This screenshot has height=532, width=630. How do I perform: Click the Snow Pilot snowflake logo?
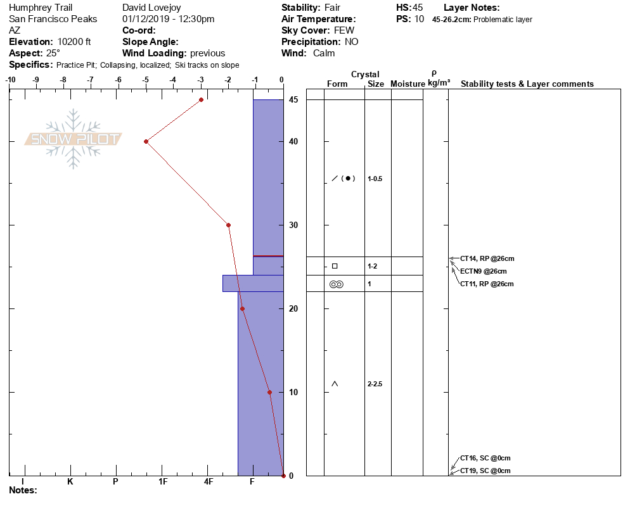coord(73,139)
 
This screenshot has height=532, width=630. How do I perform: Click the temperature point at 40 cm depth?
coord(146,141)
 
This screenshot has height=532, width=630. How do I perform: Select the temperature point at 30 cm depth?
coord(229,225)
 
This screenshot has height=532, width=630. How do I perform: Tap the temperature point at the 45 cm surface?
coord(202,99)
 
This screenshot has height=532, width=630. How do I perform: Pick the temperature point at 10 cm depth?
coord(269,392)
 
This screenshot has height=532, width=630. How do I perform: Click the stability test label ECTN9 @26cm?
coord(484,272)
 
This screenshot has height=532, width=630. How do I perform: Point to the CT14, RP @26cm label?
coord(487,258)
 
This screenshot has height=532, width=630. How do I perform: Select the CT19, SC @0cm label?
coord(485,471)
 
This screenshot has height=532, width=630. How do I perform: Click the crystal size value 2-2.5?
coord(375,384)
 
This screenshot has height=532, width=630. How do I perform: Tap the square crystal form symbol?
coord(335,266)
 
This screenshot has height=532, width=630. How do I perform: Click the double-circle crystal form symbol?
coord(337,284)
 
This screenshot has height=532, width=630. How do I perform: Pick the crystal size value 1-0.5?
coord(375,179)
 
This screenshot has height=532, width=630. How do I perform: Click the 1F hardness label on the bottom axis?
coord(163,481)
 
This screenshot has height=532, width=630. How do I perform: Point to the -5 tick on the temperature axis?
coord(145,80)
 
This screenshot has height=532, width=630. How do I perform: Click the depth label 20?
coord(293,309)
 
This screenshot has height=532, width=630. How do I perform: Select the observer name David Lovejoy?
coord(151,8)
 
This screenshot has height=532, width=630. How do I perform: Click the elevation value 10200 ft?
coord(74,42)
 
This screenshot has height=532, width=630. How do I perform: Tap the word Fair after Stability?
coord(332,8)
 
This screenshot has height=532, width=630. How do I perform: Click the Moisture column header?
coord(408,84)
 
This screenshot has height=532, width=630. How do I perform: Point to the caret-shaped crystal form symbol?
coord(335,384)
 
